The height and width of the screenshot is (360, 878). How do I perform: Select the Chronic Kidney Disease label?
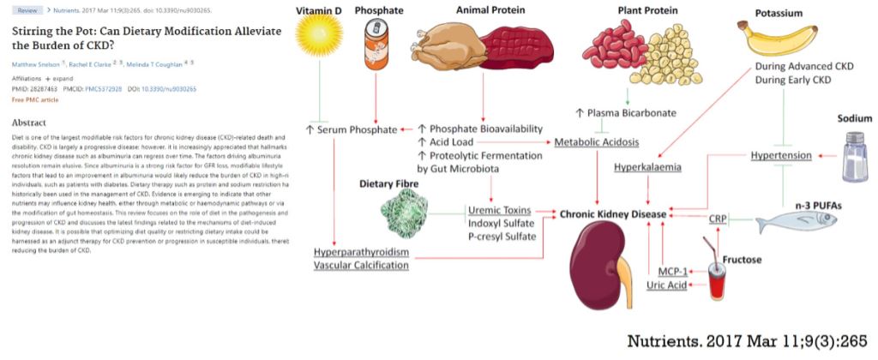(615, 212)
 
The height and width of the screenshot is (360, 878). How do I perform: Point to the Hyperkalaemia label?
(647, 167)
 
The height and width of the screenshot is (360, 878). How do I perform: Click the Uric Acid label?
(666, 285)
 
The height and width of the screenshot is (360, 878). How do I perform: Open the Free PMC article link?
(35, 100)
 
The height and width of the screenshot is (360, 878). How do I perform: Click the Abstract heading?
(30, 123)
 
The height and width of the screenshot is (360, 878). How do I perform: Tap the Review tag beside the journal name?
(28, 10)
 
